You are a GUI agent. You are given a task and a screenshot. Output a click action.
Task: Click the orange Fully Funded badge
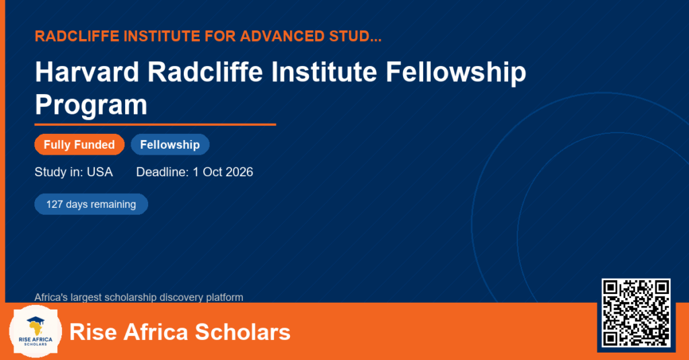79,145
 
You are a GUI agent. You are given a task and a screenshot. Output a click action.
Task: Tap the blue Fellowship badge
170,145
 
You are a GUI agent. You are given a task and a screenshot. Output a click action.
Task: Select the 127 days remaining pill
91,205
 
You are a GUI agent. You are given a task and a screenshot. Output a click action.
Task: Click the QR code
636,313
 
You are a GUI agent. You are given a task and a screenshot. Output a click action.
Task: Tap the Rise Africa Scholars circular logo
36,332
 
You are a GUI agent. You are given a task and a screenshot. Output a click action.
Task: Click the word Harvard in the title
87,72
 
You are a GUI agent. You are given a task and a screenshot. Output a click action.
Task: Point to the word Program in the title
91,106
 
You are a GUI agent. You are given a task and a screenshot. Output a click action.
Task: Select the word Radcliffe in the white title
205,72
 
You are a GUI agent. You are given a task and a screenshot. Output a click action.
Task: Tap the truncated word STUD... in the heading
355,36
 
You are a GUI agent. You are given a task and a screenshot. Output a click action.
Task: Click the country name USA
100,172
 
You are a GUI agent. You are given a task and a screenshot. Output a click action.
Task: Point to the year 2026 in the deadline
240,172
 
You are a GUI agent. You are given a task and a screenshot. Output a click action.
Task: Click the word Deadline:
162,172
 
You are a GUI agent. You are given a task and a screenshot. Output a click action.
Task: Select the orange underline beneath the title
155,125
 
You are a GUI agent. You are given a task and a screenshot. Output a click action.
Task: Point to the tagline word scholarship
130,297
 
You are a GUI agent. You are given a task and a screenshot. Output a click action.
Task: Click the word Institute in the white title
324,72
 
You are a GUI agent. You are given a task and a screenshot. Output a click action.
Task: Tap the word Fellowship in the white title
456,73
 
